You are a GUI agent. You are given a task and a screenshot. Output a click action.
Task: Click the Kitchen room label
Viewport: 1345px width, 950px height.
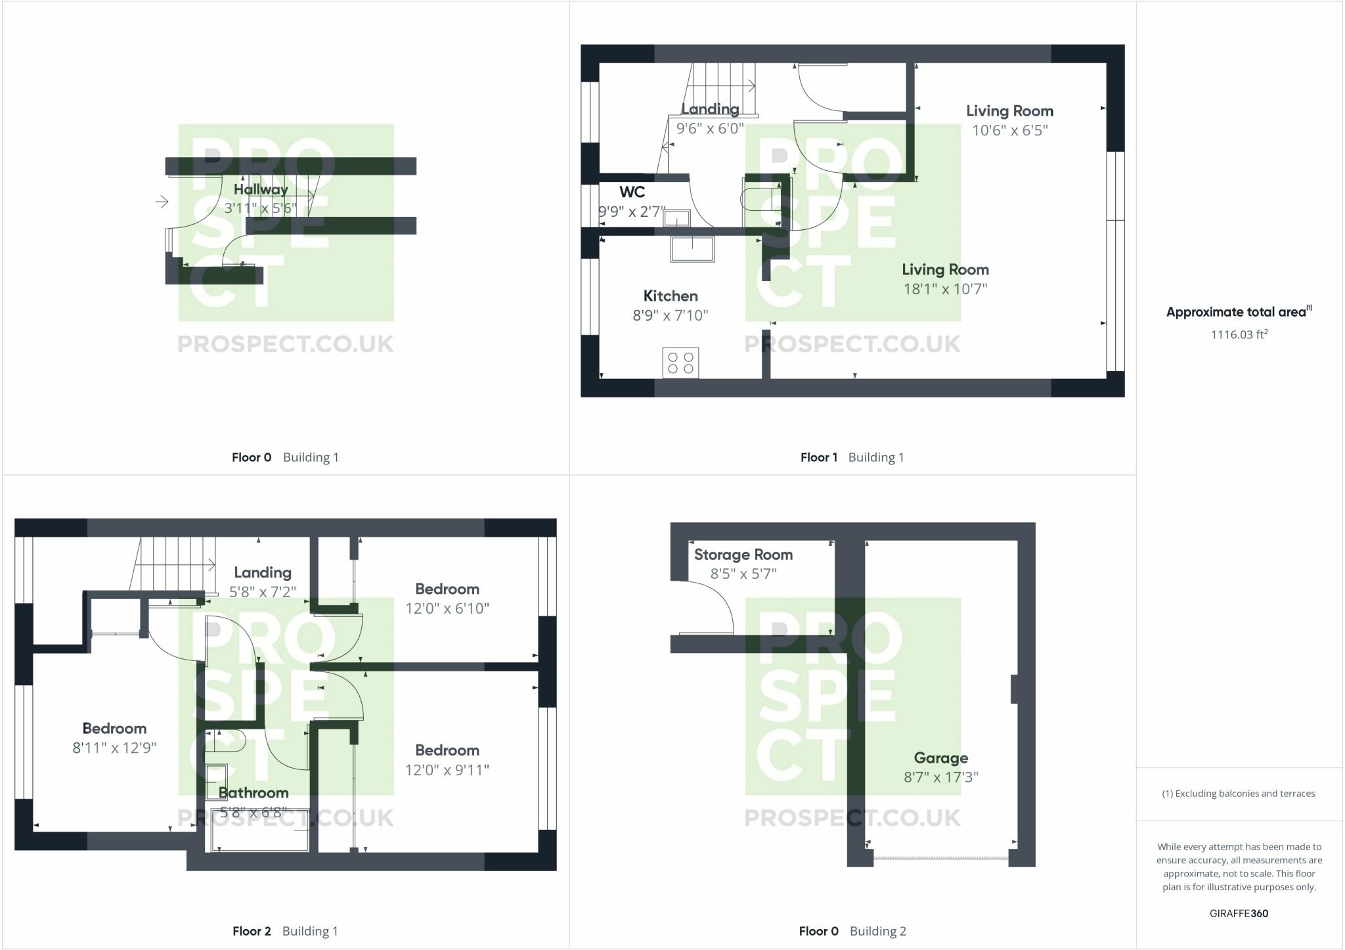point(670,296)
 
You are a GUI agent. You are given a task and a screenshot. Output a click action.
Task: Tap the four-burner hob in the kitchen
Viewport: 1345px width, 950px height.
point(680,363)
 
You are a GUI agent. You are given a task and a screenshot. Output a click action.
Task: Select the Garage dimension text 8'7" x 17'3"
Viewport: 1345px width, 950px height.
point(940,777)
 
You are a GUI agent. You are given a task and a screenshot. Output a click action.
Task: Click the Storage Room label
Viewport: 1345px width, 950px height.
point(743,554)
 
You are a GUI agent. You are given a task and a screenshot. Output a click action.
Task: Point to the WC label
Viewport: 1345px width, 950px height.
point(632,192)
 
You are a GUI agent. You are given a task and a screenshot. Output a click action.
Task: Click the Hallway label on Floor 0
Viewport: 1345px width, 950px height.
point(261,189)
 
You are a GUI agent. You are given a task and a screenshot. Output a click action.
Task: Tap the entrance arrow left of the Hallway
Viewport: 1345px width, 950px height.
point(162,202)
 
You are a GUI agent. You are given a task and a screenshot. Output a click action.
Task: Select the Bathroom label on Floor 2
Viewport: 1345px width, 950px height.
point(254,792)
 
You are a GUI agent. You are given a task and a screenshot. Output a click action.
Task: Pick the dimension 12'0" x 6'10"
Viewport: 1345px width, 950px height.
point(447,608)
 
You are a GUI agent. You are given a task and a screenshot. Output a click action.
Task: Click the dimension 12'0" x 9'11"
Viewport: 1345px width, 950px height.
point(447,770)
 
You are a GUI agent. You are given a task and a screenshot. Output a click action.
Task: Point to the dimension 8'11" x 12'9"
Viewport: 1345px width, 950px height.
point(114,748)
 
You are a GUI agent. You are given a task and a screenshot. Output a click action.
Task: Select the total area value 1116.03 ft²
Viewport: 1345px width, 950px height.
point(1239,334)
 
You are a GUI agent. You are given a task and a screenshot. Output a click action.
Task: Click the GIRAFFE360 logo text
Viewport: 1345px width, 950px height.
point(1239,913)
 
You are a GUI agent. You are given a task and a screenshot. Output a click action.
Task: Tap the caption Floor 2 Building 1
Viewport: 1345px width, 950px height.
point(285,931)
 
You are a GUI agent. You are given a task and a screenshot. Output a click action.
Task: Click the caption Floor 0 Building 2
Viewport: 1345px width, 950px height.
point(852,931)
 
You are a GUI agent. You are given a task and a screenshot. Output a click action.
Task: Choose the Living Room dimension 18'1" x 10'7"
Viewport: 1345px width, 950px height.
point(945,289)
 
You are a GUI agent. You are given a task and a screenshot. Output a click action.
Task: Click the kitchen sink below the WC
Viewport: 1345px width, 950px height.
point(692,249)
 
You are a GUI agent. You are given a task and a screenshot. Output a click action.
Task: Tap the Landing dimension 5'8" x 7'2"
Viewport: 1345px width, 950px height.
point(262,592)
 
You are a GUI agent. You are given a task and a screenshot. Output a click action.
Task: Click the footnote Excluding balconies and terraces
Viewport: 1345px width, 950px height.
point(1239,794)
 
